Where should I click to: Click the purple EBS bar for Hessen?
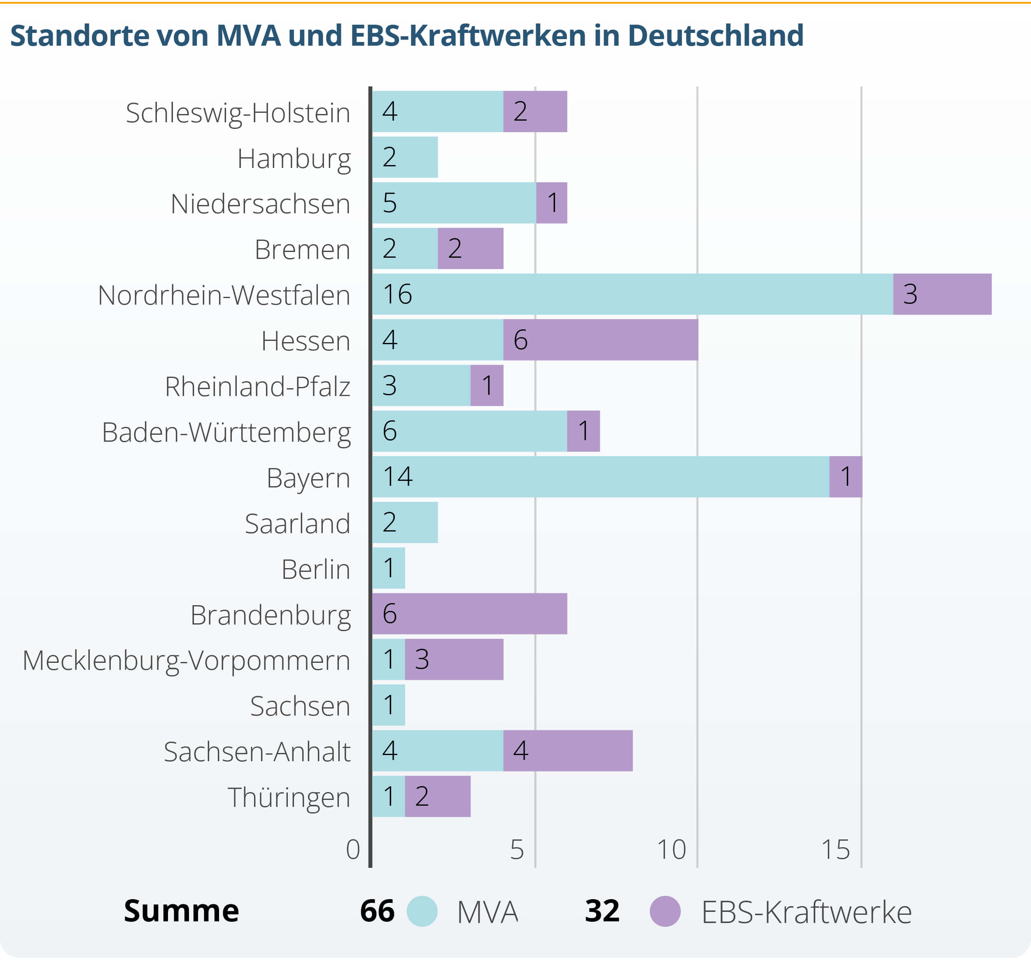601,340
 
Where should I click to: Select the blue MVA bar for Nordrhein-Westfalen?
633,294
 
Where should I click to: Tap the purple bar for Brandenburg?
469,613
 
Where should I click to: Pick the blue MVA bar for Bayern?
601,477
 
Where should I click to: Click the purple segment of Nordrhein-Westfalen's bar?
942,294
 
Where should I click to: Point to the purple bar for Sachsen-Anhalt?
568,751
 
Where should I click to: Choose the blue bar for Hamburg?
405,157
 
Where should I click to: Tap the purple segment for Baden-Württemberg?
583,431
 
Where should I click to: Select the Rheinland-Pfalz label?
257,387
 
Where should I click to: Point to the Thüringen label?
289,797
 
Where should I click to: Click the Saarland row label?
297,524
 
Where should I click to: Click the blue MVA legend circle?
422,911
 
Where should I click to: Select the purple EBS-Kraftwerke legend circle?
665,911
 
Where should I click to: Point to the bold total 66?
377,911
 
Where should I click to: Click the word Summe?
181,911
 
